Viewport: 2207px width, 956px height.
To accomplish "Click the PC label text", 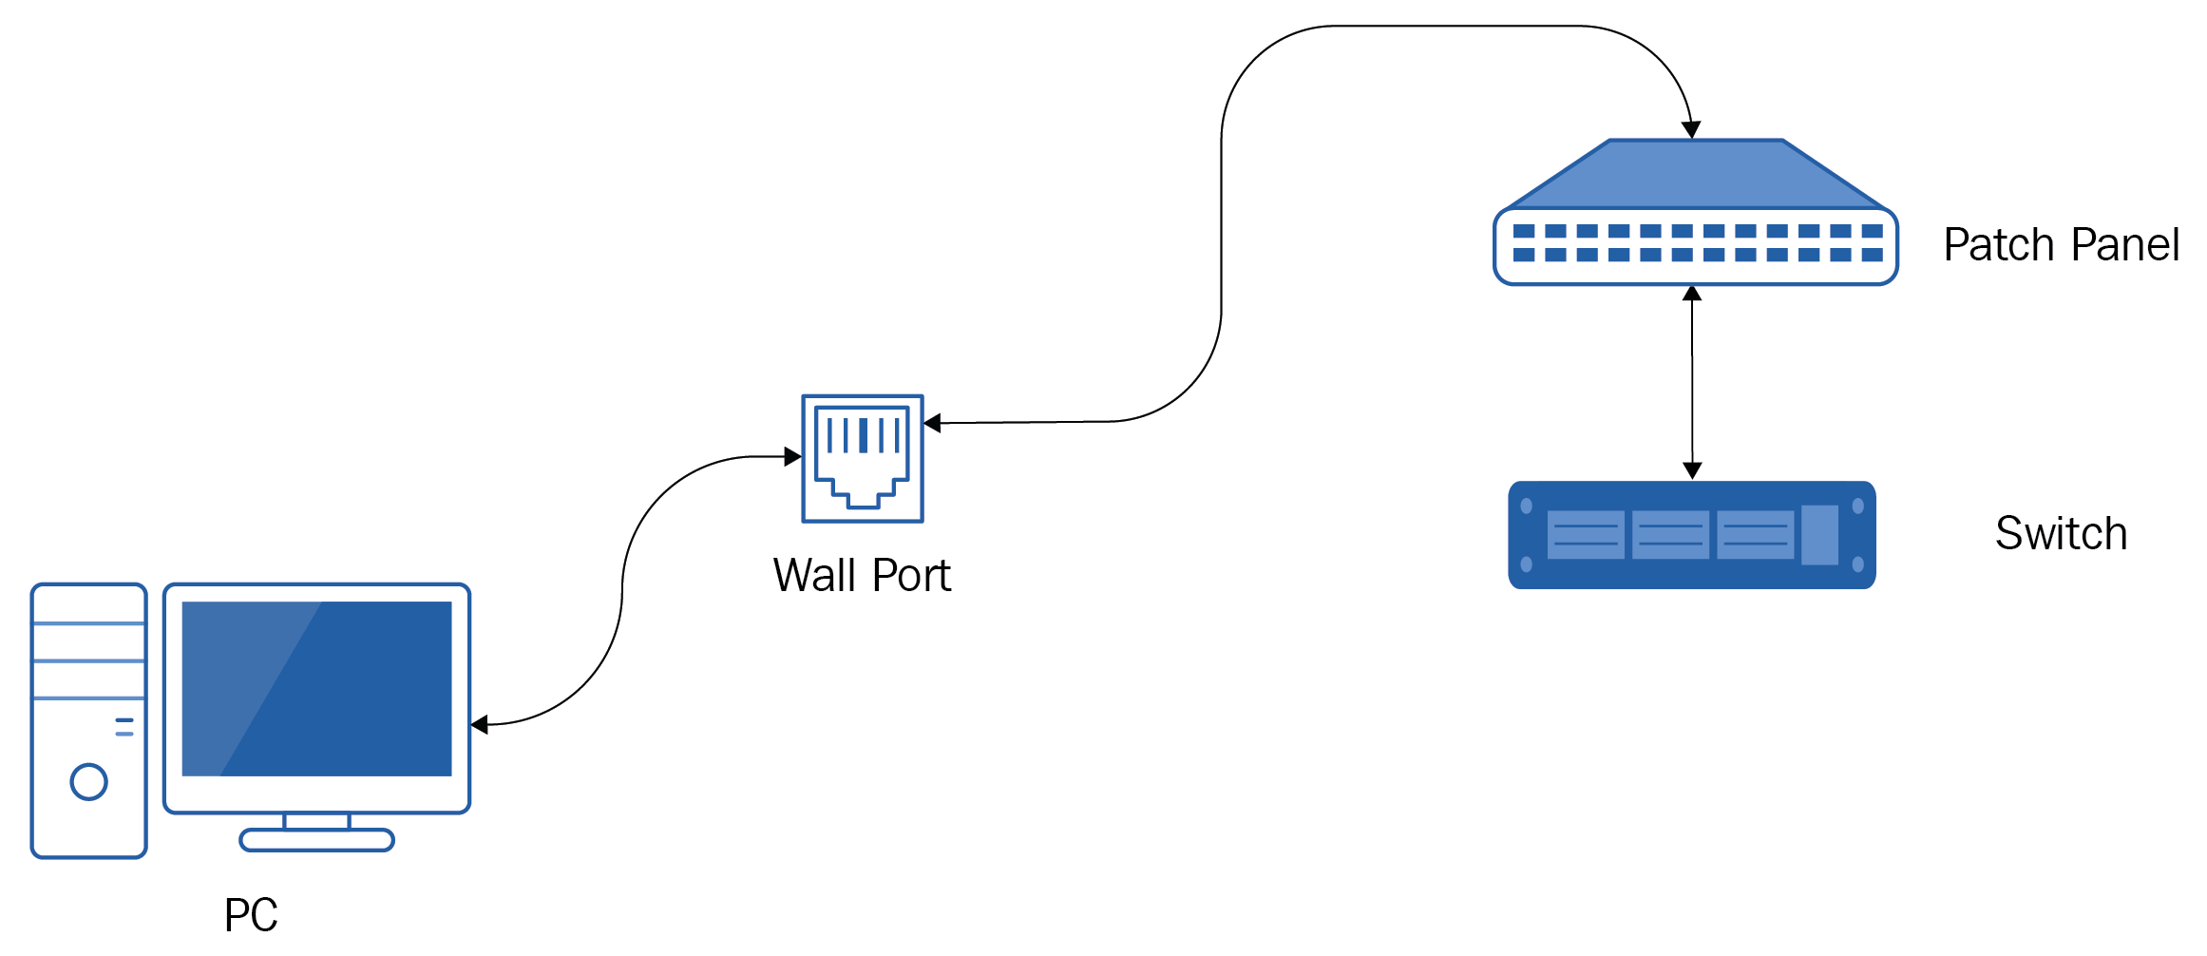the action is coord(251,914).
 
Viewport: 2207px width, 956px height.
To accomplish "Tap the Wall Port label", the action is coord(862,575).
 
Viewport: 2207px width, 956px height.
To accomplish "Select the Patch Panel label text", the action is coord(2061,244).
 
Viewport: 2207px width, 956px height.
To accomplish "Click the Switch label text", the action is coord(2061,533).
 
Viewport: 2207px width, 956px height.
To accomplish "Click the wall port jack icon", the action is coord(863,458).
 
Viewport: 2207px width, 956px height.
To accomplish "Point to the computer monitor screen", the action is coord(316,688).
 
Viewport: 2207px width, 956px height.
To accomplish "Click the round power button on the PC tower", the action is coord(89,782).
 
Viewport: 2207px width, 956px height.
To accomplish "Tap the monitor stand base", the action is coord(316,840).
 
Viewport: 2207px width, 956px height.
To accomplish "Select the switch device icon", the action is coord(1692,535).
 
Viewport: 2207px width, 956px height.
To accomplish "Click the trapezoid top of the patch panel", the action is coord(1696,175).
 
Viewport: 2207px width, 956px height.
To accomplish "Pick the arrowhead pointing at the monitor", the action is coord(480,725).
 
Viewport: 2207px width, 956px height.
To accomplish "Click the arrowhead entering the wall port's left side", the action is coord(793,457).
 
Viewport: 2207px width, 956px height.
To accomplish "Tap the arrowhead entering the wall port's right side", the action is coord(932,423).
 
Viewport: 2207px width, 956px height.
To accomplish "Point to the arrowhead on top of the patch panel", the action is coord(1691,130).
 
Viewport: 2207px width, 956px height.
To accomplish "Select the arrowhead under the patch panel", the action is coord(1692,294).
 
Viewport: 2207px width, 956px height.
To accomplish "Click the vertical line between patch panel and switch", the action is coord(1692,382).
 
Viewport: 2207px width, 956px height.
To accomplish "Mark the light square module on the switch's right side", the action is coord(1819,535).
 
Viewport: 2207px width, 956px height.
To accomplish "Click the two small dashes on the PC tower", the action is coord(124,727).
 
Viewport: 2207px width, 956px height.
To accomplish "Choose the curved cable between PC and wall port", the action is coord(622,591).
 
